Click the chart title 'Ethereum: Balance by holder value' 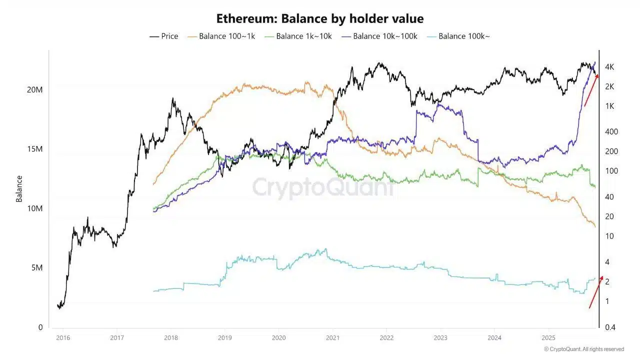point(319,19)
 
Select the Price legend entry point(164,36)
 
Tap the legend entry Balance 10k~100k point(379,36)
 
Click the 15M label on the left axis point(34,149)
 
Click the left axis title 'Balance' point(19,188)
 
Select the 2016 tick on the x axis point(62,337)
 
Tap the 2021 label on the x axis point(332,337)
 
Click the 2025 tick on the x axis point(548,337)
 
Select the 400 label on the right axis point(611,131)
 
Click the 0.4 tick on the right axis point(611,327)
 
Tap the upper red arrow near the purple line point(591,90)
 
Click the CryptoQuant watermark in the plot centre point(322,187)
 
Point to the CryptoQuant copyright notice point(583,349)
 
